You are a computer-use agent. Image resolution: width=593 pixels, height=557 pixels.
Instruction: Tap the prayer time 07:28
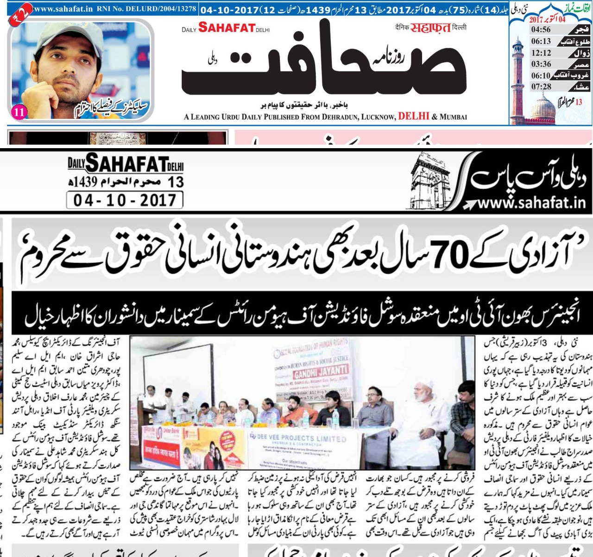pyautogui.click(x=541, y=87)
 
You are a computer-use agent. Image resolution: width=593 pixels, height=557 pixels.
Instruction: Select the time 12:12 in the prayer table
pyautogui.click(x=541, y=53)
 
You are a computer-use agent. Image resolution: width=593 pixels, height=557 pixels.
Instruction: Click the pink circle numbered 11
pyautogui.click(x=19, y=112)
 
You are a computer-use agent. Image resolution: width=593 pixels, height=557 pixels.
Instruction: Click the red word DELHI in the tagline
pyautogui.click(x=413, y=116)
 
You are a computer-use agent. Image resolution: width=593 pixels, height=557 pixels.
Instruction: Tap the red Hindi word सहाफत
pyautogui.click(x=430, y=28)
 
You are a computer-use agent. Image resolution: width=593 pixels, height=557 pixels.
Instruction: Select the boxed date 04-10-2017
pyautogui.click(x=125, y=200)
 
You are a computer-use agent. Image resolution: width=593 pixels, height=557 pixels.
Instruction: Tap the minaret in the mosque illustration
pyautogui.click(x=517, y=79)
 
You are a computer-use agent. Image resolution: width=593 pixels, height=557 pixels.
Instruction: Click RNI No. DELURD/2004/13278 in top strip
pyautogui.click(x=147, y=9)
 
